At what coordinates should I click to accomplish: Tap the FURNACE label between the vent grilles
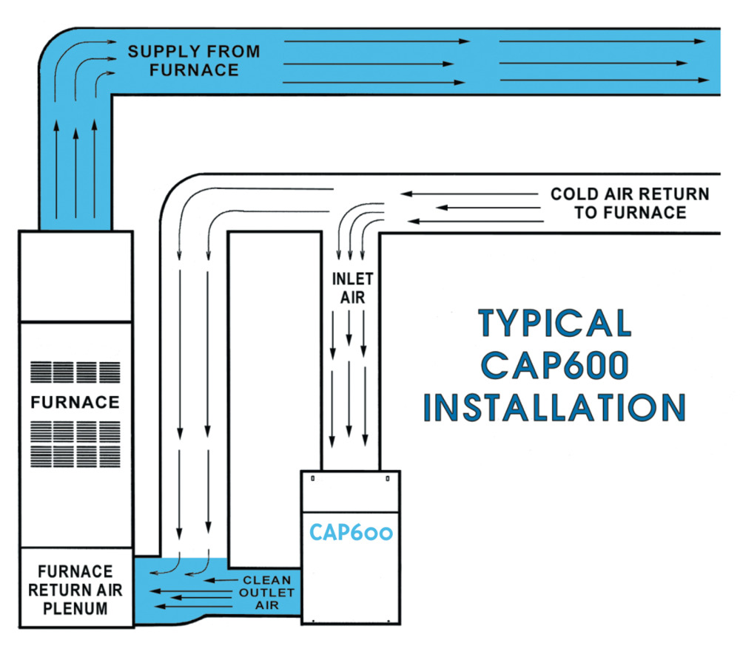pos(75,403)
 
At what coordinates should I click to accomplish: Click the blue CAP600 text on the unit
pos(351,532)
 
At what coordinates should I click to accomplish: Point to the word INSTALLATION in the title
pos(555,408)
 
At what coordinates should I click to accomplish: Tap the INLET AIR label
pos(351,287)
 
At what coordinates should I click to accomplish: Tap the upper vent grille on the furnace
pos(75,372)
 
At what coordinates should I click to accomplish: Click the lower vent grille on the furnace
pos(75,443)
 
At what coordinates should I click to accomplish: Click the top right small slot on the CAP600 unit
pos(387,478)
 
